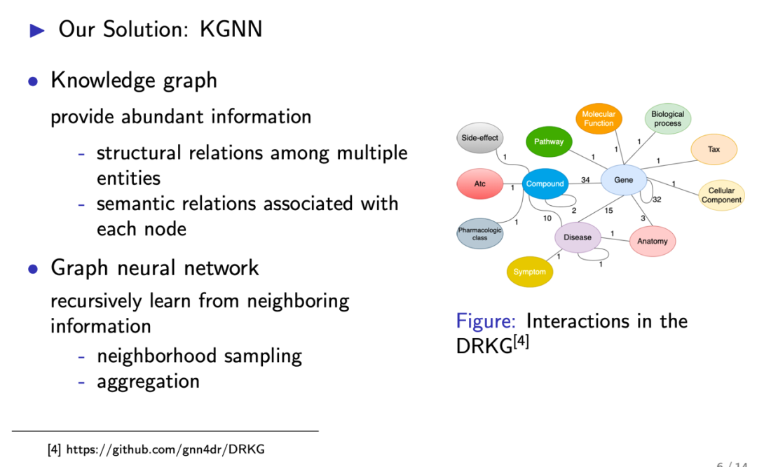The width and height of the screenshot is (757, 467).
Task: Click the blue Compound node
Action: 545,183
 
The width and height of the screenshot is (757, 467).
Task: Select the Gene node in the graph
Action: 623,180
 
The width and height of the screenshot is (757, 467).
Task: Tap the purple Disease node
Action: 578,237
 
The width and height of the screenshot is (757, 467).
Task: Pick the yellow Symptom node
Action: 529,272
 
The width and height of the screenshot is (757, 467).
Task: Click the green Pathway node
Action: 549,141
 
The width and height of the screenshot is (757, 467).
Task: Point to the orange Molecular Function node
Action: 599,118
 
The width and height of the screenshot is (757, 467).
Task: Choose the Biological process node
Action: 667,118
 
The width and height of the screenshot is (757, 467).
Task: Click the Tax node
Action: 714,149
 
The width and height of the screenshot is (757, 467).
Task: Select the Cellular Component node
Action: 721,195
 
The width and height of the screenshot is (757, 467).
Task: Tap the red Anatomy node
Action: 653,241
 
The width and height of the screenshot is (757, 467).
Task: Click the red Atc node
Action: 479,184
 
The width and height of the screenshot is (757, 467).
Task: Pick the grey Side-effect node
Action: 480,138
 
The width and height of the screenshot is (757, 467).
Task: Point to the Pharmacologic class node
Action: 479,234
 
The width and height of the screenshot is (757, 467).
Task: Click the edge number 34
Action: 585,180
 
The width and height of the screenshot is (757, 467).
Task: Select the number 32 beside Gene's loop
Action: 657,200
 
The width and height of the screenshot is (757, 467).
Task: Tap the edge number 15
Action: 608,211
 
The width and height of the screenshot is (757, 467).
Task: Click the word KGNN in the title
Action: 231,29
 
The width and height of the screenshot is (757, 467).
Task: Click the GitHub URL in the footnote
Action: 165,449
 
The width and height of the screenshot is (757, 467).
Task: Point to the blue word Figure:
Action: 486,321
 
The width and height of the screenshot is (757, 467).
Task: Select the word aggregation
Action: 148,382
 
